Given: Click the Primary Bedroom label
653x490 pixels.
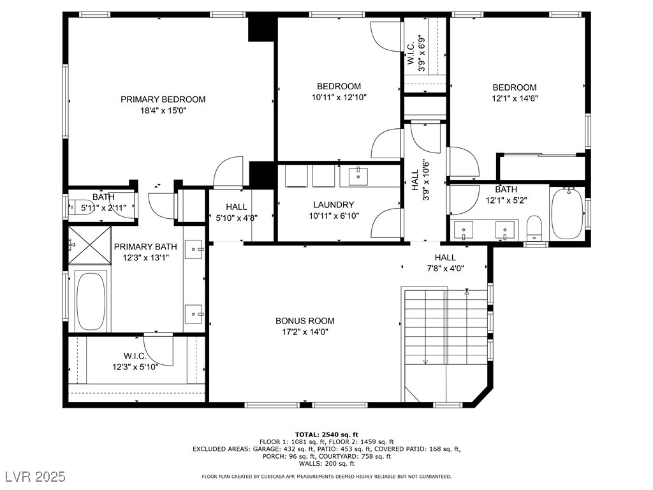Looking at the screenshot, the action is point(163,100).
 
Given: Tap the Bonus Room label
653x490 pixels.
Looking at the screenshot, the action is point(305,321).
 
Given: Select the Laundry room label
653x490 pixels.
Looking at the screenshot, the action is point(334,205).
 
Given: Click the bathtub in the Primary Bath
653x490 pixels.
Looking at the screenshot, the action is point(91,301).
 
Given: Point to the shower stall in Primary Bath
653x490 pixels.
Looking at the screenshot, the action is point(89,246).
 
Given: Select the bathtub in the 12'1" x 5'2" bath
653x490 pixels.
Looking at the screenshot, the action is point(568,214).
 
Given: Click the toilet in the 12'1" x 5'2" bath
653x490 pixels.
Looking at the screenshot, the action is point(534,228).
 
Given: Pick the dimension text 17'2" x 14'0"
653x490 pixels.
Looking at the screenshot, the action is point(305,332).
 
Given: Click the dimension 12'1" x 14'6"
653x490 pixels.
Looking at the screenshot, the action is point(515,99).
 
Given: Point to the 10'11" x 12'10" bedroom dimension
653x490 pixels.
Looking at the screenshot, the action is point(339,98).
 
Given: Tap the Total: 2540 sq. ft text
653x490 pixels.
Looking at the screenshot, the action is point(326,434).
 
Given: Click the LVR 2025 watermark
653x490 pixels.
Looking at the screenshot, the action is point(36,476).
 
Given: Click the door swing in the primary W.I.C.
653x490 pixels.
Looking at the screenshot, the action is point(159,350).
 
